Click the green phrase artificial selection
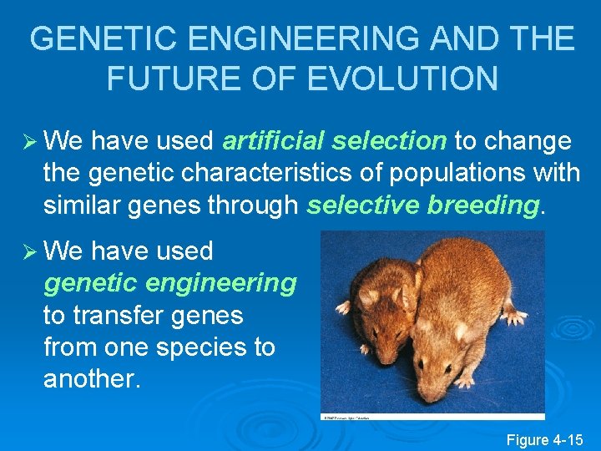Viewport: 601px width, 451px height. tap(335, 142)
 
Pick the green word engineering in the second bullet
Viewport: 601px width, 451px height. tap(221, 284)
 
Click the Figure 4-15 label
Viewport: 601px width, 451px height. tap(545, 439)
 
